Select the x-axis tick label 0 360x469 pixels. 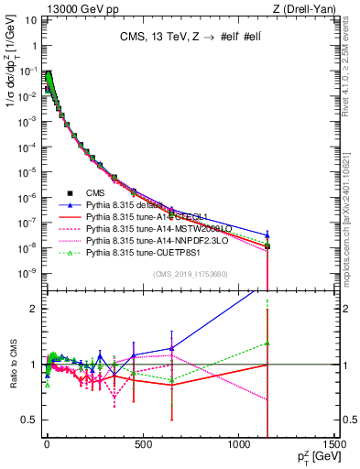point(46,449)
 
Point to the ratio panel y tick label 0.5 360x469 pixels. point(30,420)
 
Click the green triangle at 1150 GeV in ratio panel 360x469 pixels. point(267,344)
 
